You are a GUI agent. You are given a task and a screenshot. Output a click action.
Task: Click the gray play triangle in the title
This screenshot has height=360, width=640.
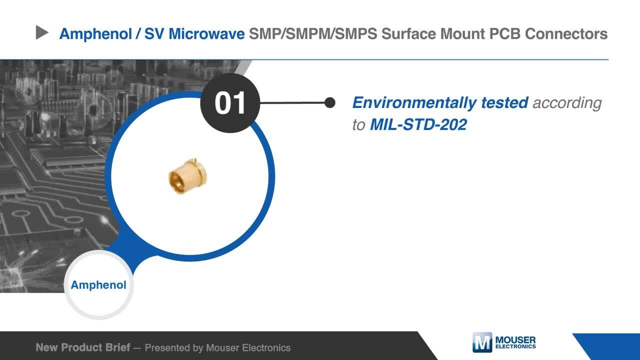click(x=41, y=32)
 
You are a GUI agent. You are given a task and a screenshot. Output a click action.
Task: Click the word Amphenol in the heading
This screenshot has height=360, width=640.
click(x=95, y=33)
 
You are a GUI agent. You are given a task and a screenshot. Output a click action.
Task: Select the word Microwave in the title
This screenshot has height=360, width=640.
click(x=206, y=33)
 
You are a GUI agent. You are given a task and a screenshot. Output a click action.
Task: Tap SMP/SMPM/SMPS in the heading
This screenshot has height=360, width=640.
click(x=313, y=33)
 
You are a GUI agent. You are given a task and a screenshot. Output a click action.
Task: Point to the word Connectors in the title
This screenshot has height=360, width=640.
click(x=566, y=33)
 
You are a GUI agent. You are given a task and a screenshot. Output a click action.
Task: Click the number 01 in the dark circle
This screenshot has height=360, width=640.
click(x=230, y=103)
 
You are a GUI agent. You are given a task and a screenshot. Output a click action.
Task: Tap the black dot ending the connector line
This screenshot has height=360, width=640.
click(x=330, y=102)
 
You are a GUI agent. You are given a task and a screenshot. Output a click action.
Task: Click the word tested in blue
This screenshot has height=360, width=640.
click(x=504, y=102)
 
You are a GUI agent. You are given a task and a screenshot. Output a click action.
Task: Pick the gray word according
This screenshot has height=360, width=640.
click(x=567, y=103)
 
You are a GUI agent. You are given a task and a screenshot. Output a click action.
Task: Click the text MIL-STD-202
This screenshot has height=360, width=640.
click(x=418, y=124)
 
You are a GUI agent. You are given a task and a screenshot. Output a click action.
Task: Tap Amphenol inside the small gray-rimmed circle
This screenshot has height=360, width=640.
click(x=98, y=285)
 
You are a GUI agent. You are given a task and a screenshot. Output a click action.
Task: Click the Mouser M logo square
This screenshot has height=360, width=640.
click(x=482, y=342)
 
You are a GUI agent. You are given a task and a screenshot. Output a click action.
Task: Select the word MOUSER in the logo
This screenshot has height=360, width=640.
click(x=515, y=340)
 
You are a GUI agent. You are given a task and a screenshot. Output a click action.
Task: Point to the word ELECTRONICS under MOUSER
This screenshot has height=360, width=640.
click(x=515, y=346)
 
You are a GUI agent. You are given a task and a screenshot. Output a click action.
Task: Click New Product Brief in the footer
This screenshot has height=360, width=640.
click(x=83, y=347)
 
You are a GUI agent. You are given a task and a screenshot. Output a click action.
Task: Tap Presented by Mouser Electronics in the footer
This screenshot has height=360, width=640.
click(x=217, y=348)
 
